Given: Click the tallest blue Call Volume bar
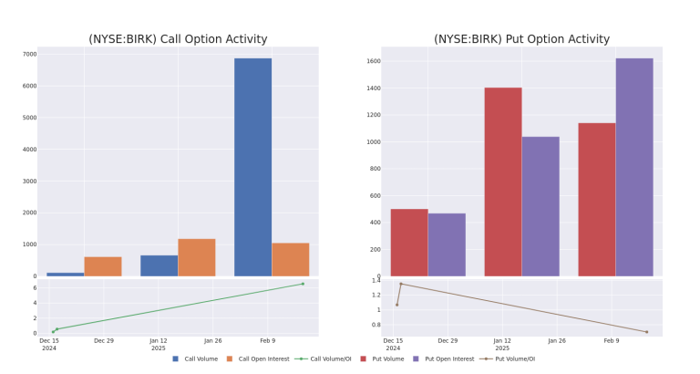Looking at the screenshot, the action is (x=252, y=167).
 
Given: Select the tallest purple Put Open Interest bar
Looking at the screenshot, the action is (x=634, y=167).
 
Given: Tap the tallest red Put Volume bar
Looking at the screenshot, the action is (x=503, y=182).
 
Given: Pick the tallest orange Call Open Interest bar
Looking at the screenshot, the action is (x=197, y=257).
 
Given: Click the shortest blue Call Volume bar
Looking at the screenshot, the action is (x=66, y=275).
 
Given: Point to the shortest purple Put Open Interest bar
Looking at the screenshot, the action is (x=447, y=244).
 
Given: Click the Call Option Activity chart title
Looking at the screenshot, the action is (x=178, y=39).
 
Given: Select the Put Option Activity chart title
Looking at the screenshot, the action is (x=521, y=39).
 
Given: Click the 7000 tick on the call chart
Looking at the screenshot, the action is (x=29, y=54).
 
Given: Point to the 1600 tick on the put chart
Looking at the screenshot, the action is (x=374, y=61).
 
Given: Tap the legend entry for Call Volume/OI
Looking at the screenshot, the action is (x=323, y=358).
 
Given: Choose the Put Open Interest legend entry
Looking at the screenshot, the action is (x=443, y=358).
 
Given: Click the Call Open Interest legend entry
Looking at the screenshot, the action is (x=258, y=358).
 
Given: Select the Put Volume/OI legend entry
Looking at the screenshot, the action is (x=507, y=358).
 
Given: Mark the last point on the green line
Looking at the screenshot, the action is (x=303, y=284).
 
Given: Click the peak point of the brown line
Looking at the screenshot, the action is (x=401, y=284).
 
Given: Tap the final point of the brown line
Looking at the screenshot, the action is (x=646, y=332).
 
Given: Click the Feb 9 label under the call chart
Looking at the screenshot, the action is (x=267, y=340).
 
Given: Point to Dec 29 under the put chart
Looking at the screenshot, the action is (x=448, y=340).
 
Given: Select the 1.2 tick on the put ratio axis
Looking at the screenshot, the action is (x=376, y=295).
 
